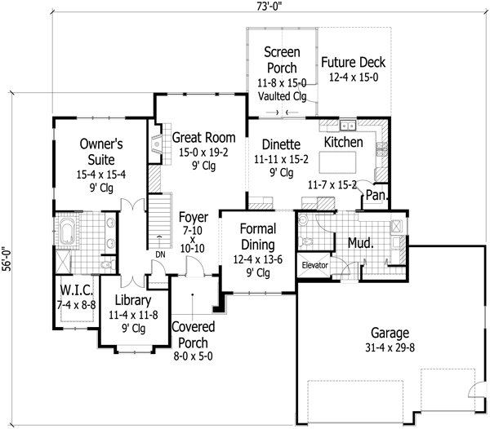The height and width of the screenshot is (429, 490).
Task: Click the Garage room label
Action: coord(390,333)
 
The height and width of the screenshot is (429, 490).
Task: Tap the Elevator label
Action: coord(314,266)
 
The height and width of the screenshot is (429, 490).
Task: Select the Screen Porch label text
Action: coord(280,60)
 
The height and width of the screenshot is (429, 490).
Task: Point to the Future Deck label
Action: coord(353,63)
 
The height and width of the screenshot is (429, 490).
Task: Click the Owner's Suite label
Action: coord(100,151)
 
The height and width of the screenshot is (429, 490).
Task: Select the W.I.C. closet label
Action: coord(75,291)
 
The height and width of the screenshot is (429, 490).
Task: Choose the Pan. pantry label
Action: coord(376,195)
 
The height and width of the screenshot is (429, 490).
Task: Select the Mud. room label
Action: coord(361,242)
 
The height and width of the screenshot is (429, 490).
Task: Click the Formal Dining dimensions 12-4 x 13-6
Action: coord(257,260)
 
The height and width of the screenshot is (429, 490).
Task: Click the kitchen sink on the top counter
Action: coord(349,126)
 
